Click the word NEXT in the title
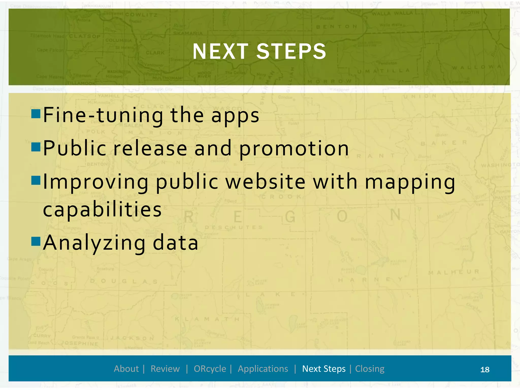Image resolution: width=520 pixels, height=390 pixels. [220, 52]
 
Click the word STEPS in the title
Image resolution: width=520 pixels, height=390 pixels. [291, 52]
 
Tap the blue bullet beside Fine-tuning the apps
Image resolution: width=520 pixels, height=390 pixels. [36, 114]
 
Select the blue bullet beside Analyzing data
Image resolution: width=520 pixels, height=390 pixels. [36, 241]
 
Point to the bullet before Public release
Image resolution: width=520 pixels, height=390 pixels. [36, 147]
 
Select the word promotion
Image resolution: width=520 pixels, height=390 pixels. [294, 149]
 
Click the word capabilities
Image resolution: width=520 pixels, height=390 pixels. [102, 209]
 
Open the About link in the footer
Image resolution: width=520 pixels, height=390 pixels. [126, 369]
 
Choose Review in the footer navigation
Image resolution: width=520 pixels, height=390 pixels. [165, 369]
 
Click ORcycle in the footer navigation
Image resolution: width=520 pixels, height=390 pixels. [210, 369]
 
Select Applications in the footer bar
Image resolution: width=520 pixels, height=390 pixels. [263, 369]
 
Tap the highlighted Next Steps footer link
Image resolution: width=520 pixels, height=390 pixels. [324, 369]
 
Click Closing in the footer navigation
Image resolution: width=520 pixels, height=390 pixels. [370, 369]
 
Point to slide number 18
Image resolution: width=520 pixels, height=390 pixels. [485, 370]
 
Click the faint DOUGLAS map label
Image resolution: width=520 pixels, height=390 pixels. [124, 281]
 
